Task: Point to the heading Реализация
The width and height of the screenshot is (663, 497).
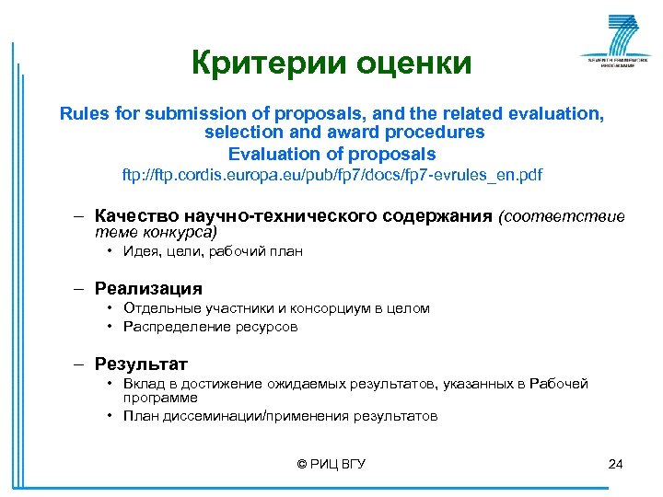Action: click(x=148, y=289)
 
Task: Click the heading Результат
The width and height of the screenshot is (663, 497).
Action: click(x=141, y=364)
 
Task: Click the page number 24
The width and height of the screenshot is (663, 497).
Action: click(x=616, y=464)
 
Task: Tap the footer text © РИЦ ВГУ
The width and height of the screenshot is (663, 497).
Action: click(x=331, y=464)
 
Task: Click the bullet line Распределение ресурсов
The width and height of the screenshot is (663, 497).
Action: click(x=211, y=327)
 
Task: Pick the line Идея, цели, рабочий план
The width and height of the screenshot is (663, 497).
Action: click(x=213, y=251)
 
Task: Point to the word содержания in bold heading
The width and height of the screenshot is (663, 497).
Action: click(x=433, y=216)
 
